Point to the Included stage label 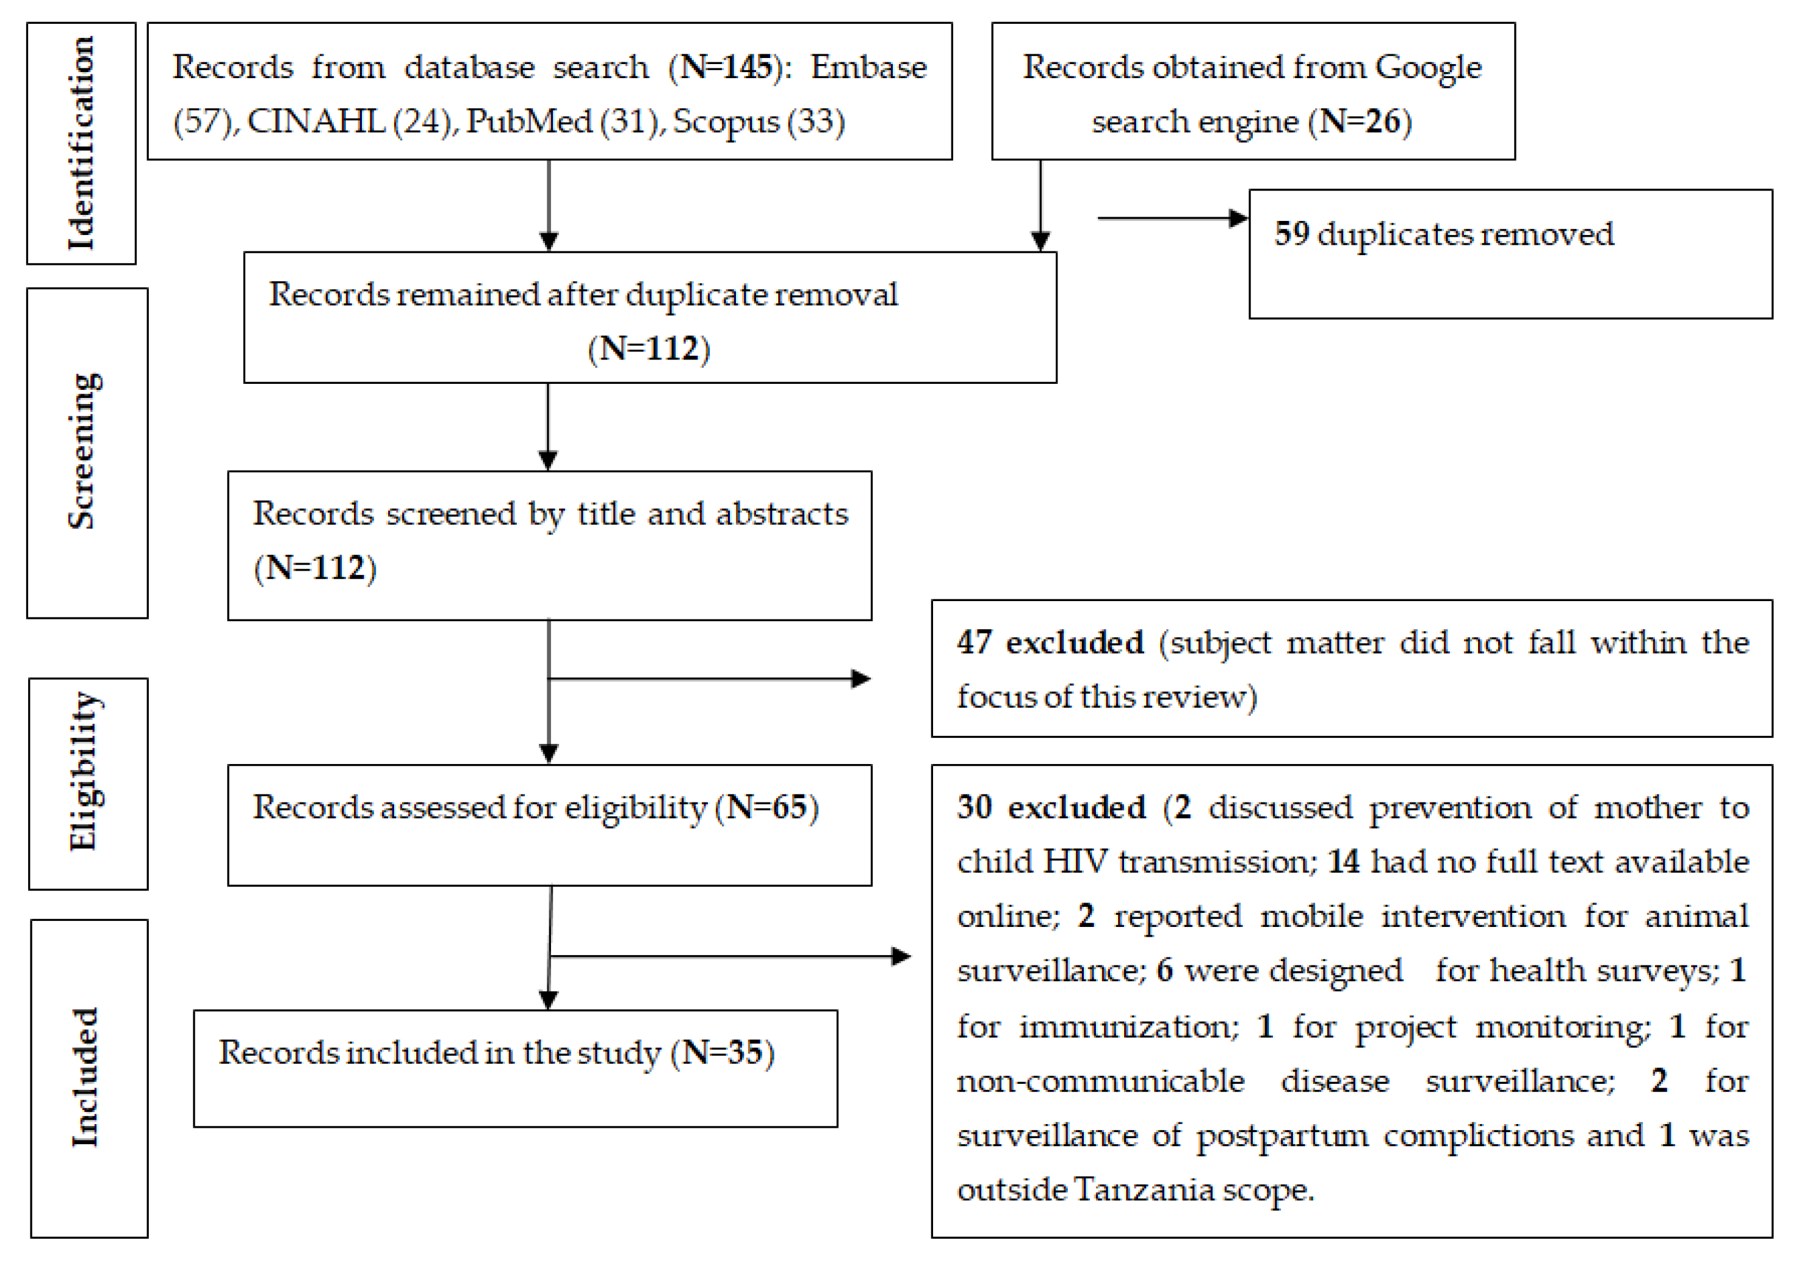(85, 1077)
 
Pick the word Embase (868, 67)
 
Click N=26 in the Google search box (1360, 122)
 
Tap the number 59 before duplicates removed (1291, 234)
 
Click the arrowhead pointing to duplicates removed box (1239, 218)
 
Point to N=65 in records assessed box (766, 807)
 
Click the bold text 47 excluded (1050, 643)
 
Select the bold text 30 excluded (1051, 807)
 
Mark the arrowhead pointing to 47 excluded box (861, 679)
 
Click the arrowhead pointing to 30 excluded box (901, 956)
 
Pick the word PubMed (529, 122)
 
